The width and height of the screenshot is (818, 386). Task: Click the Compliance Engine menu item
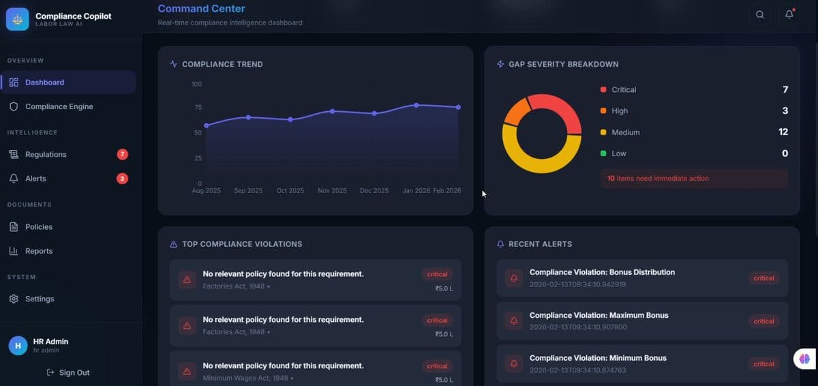[59, 106]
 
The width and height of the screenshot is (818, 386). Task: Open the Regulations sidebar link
[46, 154]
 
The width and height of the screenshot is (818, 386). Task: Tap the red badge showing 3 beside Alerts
[122, 179]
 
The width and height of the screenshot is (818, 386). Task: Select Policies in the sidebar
[39, 226]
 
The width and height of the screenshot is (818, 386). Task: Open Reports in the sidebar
[39, 251]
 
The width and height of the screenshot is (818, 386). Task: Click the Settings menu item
[40, 299]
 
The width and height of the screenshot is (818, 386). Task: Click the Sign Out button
[68, 372]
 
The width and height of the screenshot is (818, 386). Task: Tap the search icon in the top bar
[759, 14]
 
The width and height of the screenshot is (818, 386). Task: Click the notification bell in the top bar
[789, 14]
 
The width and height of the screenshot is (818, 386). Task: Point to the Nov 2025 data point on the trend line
[332, 111]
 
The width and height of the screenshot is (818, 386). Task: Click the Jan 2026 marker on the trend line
[416, 105]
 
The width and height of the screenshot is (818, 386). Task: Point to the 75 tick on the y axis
[198, 107]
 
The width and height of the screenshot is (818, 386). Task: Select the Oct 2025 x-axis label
[290, 190]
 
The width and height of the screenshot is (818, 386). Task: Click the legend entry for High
[620, 110]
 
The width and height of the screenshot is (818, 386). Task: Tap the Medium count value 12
[783, 132]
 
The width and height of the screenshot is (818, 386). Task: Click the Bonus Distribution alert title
[602, 272]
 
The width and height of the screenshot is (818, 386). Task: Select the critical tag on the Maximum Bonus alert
[763, 321]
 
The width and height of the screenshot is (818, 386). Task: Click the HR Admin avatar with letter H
[18, 345]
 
